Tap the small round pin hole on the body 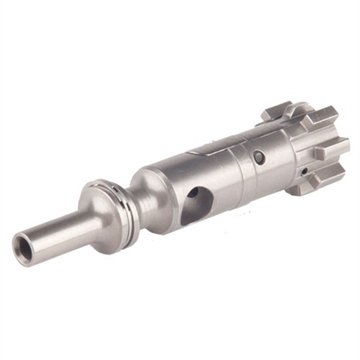pyautogui.click(x=259, y=156)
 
